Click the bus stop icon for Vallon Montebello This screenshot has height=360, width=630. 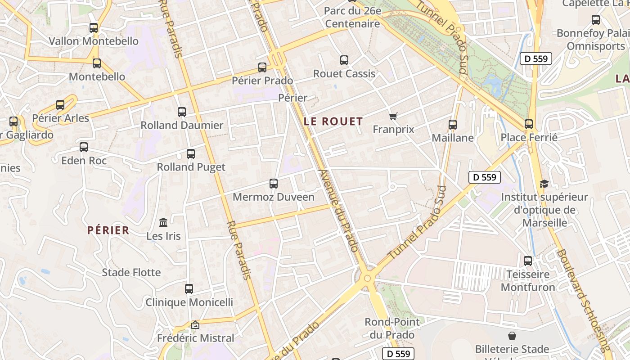(x=94, y=27)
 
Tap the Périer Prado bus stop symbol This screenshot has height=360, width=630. (x=262, y=67)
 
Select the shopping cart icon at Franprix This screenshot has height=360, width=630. (x=393, y=116)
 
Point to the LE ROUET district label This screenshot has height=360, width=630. (x=333, y=121)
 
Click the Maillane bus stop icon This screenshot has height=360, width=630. (x=453, y=125)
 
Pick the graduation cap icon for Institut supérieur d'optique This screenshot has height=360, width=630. (x=544, y=184)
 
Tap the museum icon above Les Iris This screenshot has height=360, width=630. (x=163, y=222)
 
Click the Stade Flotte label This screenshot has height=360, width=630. (x=131, y=272)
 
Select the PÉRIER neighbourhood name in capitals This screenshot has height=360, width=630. (x=108, y=230)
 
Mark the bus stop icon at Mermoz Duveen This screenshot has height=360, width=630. (x=274, y=184)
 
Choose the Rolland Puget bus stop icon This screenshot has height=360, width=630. (x=191, y=154)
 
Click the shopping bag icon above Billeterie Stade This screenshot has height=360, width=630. (x=512, y=336)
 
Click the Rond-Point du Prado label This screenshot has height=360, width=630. (x=392, y=328)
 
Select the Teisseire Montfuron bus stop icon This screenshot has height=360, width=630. (x=528, y=261)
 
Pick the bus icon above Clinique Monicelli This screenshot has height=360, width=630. (x=189, y=289)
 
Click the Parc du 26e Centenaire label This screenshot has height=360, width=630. (x=352, y=17)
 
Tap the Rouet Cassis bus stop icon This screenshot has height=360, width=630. (x=344, y=60)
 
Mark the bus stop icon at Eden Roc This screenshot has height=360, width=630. (x=84, y=147)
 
